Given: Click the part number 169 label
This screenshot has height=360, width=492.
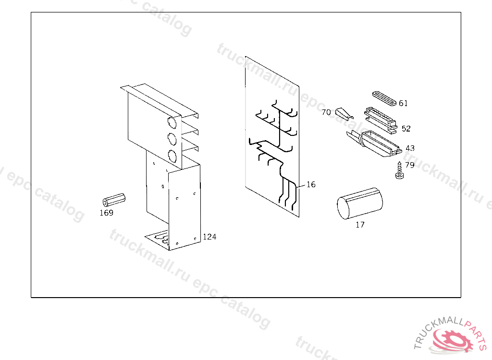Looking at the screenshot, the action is pyautogui.click(x=106, y=213).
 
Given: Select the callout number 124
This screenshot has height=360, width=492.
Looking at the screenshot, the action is pyautogui.click(x=209, y=237).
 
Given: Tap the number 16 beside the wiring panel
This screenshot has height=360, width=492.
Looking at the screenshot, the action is pyautogui.click(x=311, y=184).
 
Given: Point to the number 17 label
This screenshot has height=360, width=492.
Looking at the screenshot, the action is pyautogui.click(x=360, y=224).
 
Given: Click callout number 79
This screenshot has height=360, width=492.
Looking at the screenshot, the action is pyautogui.click(x=409, y=165).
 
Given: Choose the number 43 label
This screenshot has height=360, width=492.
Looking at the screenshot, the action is pyautogui.click(x=410, y=148).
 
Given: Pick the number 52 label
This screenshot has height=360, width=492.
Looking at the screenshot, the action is pyautogui.click(x=406, y=129).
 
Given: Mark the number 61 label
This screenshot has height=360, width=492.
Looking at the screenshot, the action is pyautogui.click(x=403, y=103).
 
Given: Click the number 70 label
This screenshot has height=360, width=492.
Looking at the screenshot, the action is pyautogui.click(x=326, y=112).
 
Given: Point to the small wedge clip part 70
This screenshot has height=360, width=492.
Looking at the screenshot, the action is pyautogui.click(x=344, y=113).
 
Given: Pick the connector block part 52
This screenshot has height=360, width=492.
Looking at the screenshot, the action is pyautogui.click(x=380, y=118).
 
